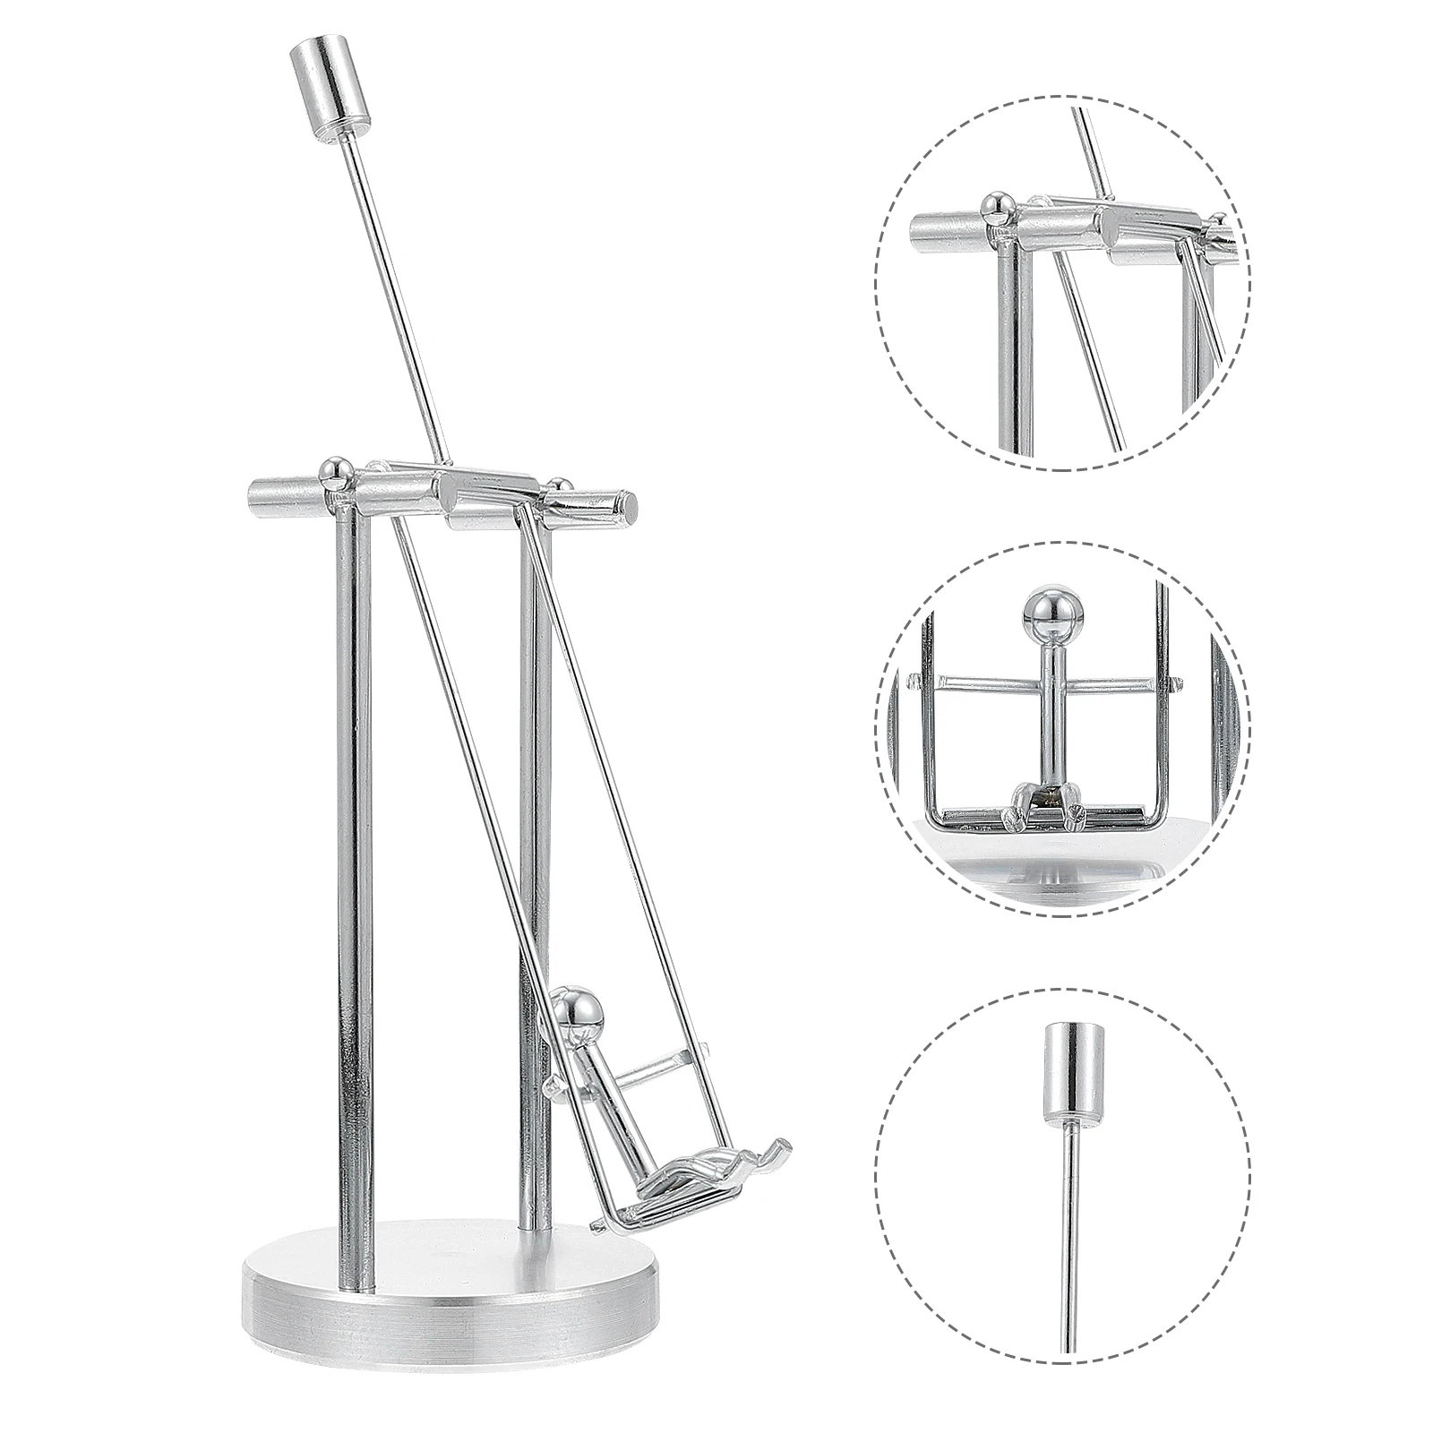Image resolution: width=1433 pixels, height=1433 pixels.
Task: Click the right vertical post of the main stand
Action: pyautogui.click(x=536, y=806)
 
